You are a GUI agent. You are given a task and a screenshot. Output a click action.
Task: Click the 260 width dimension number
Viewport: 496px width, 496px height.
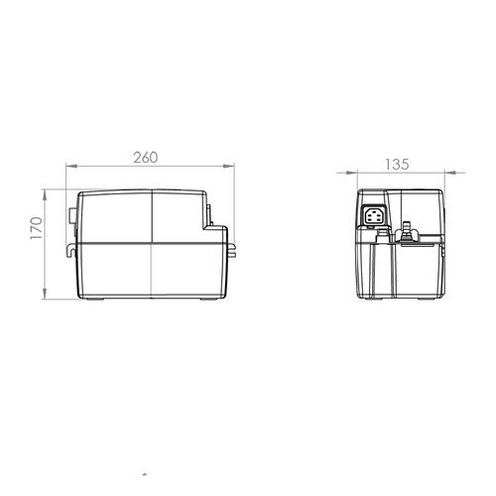click(146, 158)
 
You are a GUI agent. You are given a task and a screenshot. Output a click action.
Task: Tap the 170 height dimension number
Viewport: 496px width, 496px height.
click(37, 228)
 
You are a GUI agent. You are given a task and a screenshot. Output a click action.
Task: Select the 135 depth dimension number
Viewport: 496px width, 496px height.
click(397, 165)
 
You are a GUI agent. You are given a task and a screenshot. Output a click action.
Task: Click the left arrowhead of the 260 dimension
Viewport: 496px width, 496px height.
click(71, 166)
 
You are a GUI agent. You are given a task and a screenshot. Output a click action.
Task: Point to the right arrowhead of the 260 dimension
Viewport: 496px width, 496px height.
click(229, 166)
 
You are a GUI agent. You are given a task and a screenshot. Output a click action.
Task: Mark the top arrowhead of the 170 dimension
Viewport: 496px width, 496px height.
click(45, 195)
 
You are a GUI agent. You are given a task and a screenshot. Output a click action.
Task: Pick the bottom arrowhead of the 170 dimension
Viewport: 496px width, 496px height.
click(45, 294)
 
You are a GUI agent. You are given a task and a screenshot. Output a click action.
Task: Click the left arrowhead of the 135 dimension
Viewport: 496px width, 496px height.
click(352, 173)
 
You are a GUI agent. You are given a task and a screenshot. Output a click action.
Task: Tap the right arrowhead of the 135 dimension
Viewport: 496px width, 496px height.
click(450, 173)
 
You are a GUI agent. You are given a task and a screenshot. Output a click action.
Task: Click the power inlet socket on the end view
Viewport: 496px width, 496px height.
click(374, 216)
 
